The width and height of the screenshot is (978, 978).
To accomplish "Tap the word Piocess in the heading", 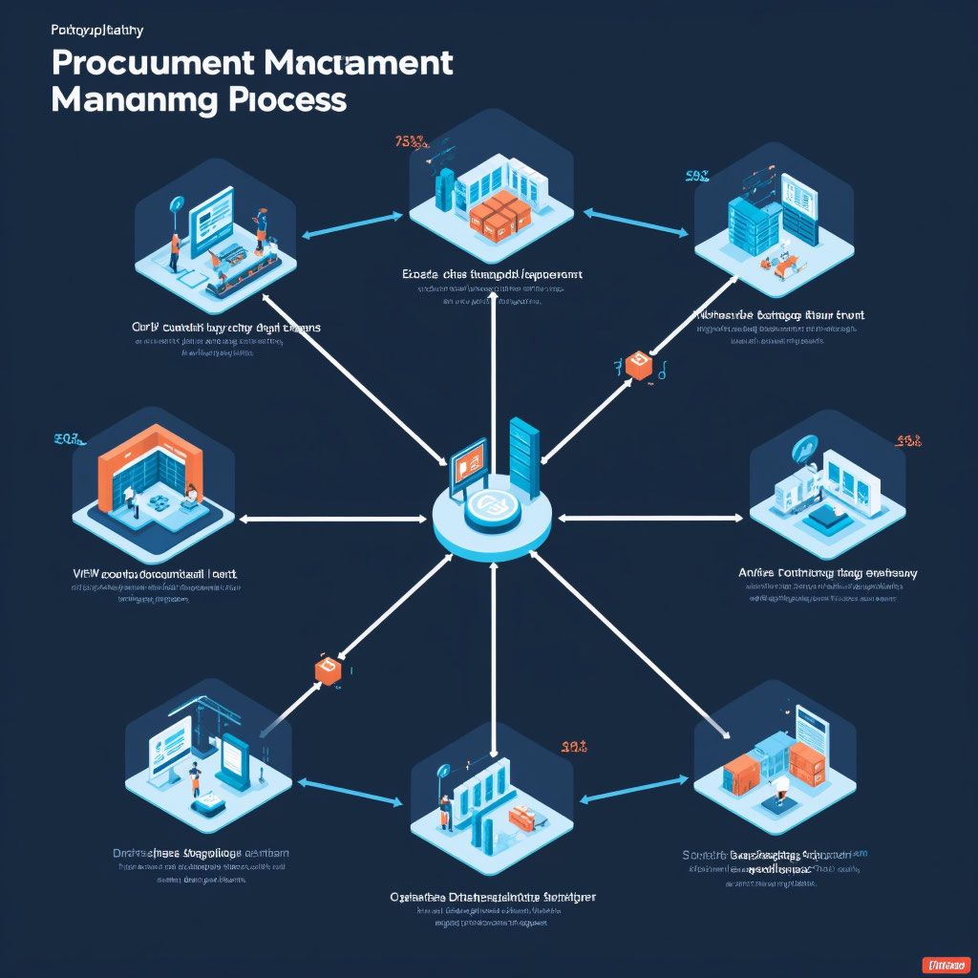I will point(287,98).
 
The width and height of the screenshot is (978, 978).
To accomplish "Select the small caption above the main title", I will point(96,30).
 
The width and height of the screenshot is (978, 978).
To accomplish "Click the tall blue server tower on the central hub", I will point(524,457).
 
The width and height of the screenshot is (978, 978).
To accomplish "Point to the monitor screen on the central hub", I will point(468,461).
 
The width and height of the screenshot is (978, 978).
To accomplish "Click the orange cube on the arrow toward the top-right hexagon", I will point(637,365).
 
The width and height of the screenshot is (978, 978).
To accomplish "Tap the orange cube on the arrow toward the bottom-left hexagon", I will point(328,670).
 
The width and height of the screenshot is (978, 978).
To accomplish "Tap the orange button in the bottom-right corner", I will point(946,965).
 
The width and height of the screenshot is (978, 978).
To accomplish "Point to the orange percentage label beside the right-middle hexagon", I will point(906,441).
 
